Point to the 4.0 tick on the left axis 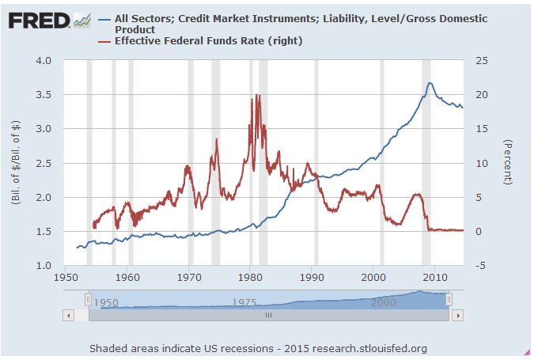[44, 61]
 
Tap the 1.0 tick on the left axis [44, 266]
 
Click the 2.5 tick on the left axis [44, 164]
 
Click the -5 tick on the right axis [479, 266]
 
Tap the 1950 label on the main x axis [66, 278]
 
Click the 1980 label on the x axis [251, 278]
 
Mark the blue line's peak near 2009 [430, 83]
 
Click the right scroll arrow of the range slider [458, 315]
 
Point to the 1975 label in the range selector [244, 302]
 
